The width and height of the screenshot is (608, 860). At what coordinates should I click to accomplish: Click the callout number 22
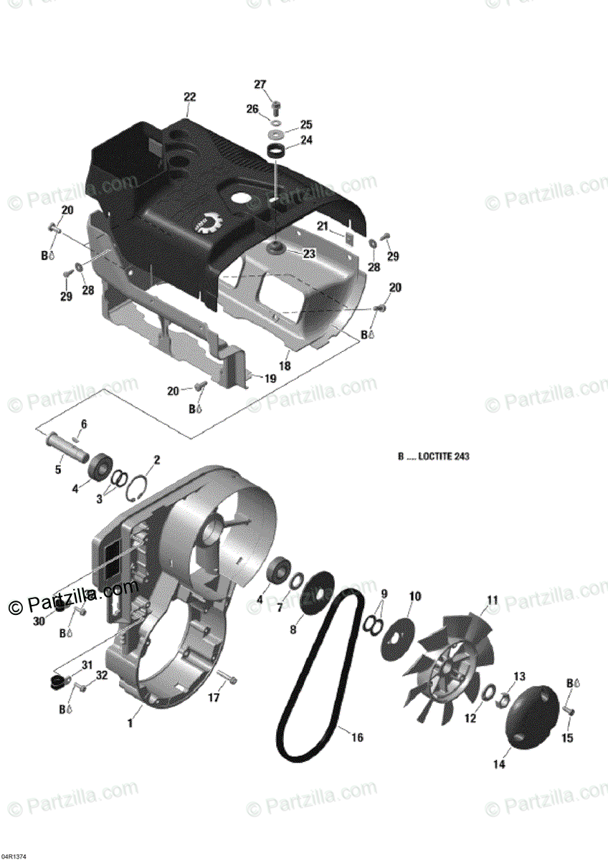pyautogui.click(x=189, y=97)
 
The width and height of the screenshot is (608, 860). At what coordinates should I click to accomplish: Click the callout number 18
pyautogui.click(x=285, y=365)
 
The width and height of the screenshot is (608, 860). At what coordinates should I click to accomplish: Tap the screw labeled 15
pyautogui.click(x=571, y=710)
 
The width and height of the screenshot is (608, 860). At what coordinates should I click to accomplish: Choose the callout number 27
pyautogui.click(x=260, y=84)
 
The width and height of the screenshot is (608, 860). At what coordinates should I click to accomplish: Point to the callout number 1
pyautogui.click(x=130, y=724)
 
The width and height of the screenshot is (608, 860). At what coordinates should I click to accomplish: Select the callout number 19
pyautogui.click(x=270, y=378)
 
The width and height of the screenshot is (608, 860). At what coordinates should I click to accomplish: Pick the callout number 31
pyautogui.click(x=87, y=665)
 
